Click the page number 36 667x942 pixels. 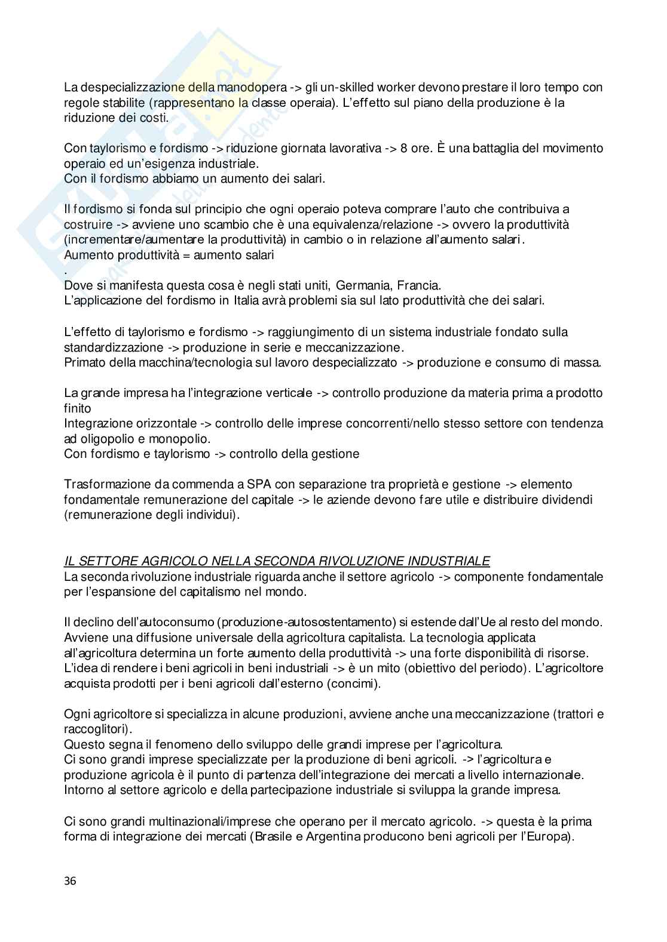point(70,881)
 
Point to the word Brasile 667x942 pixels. point(275,836)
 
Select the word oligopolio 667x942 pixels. point(105,439)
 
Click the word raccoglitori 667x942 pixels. point(96,729)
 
